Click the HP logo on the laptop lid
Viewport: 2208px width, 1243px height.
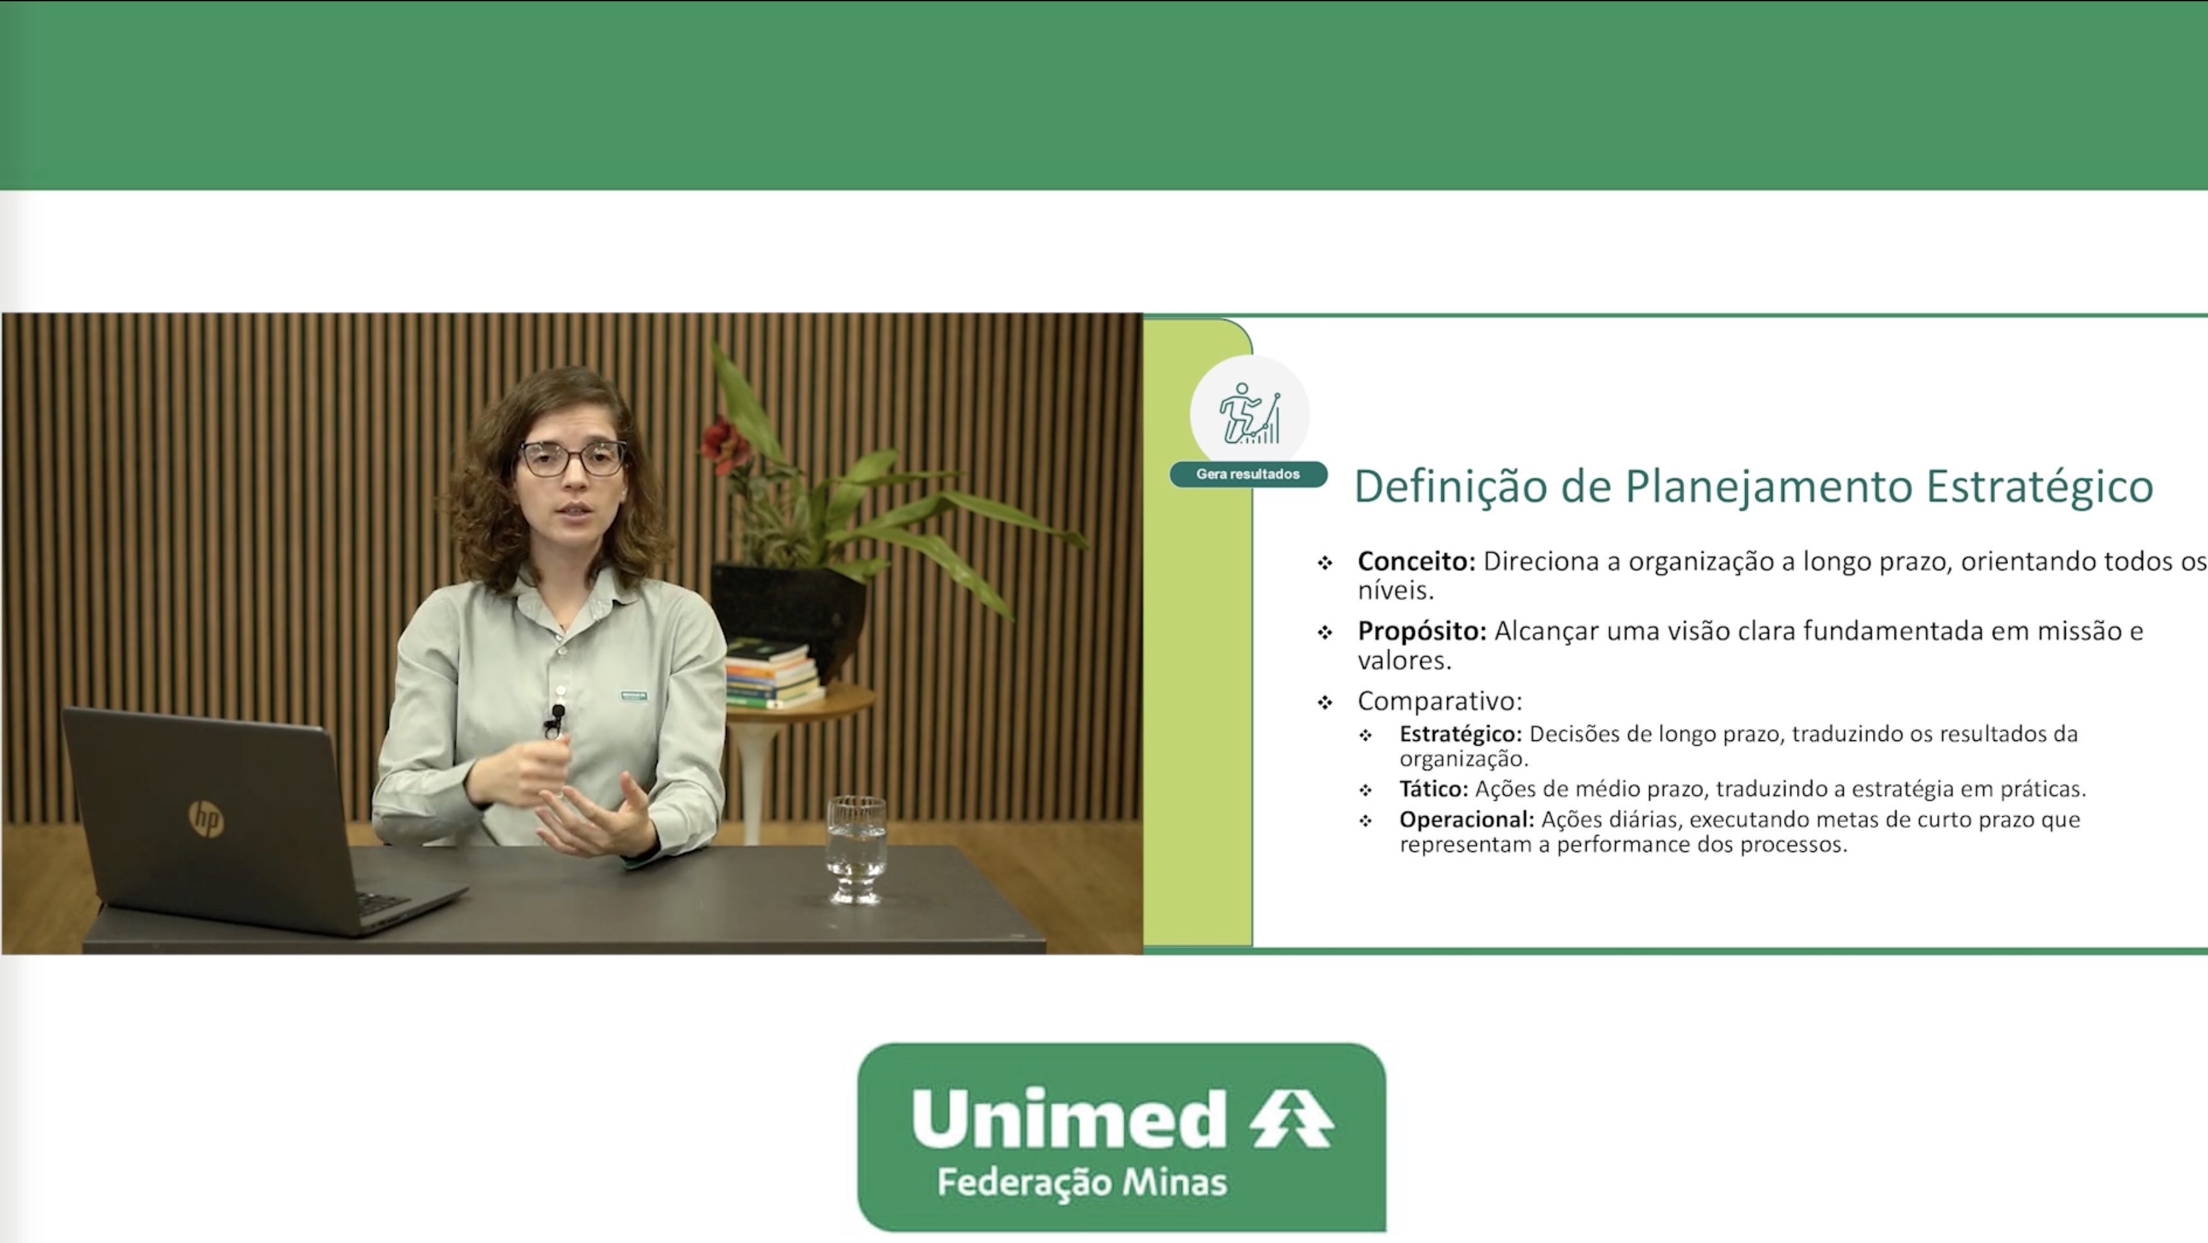click(x=206, y=819)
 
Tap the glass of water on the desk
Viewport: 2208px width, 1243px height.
click(x=856, y=849)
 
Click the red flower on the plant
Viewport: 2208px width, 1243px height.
click(x=725, y=444)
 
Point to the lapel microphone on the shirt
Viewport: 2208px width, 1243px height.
click(x=556, y=720)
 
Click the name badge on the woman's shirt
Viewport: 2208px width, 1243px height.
click(x=634, y=696)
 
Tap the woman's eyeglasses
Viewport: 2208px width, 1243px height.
click(x=573, y=458)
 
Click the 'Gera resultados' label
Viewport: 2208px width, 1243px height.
click(x=1248, y=474)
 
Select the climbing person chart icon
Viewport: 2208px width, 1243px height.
click(x=1250, y=413)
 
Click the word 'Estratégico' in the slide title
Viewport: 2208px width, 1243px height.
click(x=2039, y=487)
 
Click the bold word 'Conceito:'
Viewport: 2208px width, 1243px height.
click(x=1416, y=562)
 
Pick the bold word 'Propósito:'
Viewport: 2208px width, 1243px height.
click(x=1422, y=632)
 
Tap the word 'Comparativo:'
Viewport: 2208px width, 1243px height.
click(x=1440, y=702)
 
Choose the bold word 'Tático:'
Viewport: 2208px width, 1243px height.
click(x=1434, y=788)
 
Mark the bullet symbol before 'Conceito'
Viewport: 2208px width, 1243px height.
click(x=1325, y=563)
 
